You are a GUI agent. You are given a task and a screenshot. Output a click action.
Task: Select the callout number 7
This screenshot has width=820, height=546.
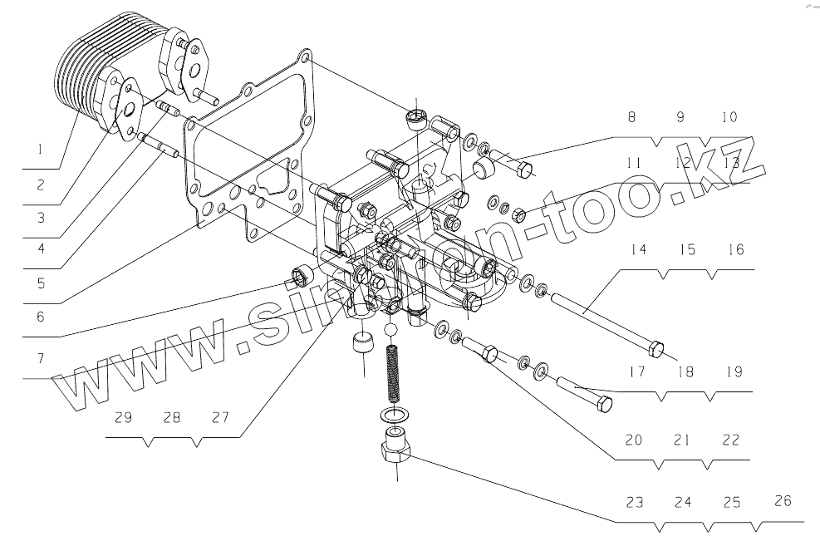click(39, 360)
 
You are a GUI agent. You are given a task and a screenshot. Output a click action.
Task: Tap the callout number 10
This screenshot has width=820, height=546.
click(729, 118)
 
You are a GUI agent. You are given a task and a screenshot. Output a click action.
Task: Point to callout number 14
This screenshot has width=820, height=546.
click(638, 249)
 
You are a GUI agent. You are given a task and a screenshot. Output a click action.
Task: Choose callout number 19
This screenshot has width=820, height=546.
click(733, 372)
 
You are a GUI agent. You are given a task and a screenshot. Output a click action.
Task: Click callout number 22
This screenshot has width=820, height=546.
click(730, 440)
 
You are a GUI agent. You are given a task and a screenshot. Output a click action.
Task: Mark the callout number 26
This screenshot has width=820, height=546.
click(783, 501)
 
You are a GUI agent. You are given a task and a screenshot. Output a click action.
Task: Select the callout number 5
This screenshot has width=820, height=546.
click(38, 281)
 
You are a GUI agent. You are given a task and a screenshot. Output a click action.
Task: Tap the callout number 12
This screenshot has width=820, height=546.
click(683, 164)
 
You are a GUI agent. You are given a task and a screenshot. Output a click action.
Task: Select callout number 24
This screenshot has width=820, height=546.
click(684, 503)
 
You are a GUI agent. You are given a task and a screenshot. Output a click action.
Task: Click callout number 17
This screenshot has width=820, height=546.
click(636, 372)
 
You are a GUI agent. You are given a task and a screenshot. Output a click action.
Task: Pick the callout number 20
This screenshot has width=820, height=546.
click(634, 440)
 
